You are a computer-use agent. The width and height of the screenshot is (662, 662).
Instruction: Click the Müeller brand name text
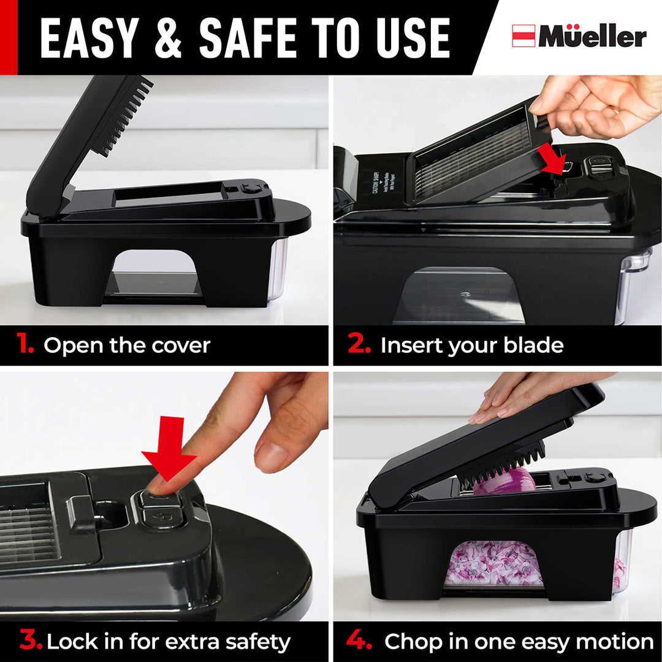(x=592, y=37)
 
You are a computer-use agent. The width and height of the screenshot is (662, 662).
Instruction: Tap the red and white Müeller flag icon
(x=523, y=36)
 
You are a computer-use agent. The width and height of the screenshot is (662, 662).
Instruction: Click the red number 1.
(x=25, y=344)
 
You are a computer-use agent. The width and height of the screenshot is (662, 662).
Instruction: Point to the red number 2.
(x=359, y=344)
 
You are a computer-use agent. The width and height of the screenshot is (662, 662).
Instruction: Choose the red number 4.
(x=359, y=641)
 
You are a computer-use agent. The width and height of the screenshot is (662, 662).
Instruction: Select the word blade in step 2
(x=533, y=345)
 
